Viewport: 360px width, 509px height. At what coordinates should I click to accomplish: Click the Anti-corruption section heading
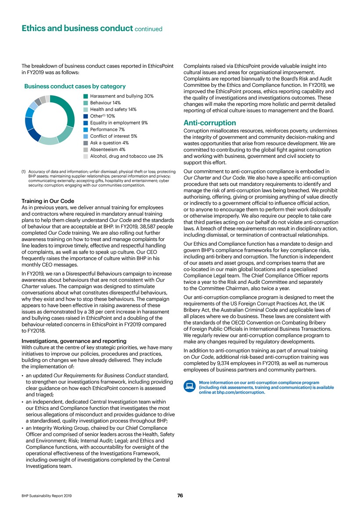[209, 123]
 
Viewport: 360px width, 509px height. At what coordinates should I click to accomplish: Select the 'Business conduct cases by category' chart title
[75, 86]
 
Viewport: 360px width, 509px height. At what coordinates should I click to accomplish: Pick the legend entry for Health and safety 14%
[114, 109]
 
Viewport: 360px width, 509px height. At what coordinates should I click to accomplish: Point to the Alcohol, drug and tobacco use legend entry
[126, 156]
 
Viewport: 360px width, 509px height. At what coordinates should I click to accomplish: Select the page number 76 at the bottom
[180, 495]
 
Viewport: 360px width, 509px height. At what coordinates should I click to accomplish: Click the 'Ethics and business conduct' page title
[77, 29]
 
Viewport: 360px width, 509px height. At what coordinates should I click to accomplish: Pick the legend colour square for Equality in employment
[86, 123]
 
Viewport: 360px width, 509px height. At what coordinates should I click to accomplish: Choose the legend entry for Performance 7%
[108, 129]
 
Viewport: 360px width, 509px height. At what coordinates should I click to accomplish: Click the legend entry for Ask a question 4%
[109, 143]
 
